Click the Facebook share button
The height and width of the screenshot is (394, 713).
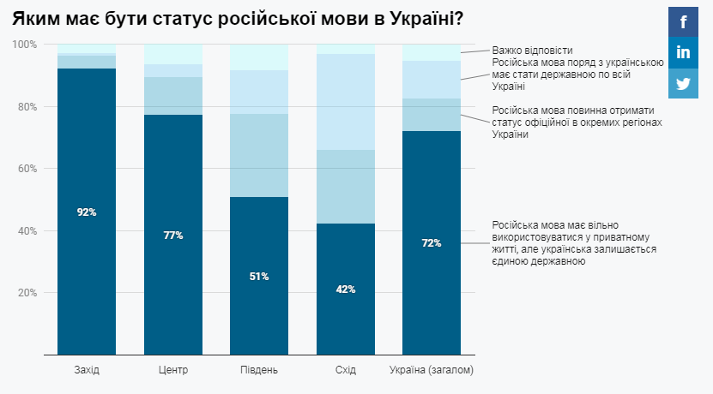click(683, 22)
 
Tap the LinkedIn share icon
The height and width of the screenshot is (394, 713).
click(683, 53)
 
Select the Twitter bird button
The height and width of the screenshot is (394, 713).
click(683, 84)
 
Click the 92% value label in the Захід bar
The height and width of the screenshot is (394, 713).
click(87, 212)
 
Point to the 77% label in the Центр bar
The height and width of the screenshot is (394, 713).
click(173, 235)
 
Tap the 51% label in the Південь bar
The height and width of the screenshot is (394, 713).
click(259, 276)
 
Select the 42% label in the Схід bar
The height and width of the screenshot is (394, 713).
click(346, 290)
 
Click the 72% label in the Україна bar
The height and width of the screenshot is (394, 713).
click(432, 242)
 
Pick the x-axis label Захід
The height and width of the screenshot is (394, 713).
click(87, 370)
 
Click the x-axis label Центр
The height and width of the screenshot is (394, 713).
click(173, 370)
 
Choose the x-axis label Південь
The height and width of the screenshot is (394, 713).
click(259, 370)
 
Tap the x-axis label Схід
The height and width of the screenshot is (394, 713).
click(346, 370)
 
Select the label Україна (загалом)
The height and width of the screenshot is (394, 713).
click(432, 370)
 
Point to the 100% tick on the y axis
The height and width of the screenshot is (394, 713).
click(25, 45)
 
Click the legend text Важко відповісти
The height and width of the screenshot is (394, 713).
click(532, 51)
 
